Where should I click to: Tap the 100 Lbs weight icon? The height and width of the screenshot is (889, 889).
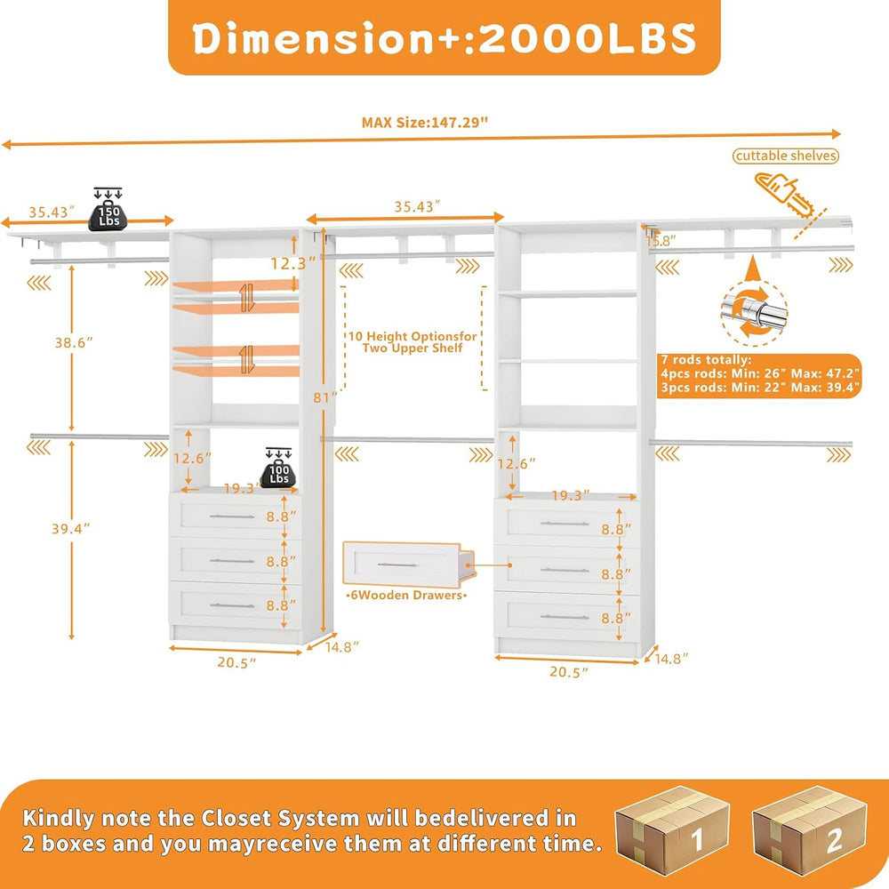(x=278, y=468)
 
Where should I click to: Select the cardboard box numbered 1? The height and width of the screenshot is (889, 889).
(x=672, y=829)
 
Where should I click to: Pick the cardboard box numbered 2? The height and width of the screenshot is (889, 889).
(x=810, y=829)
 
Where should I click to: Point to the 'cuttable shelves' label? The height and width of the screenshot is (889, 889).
(x=786, y=156)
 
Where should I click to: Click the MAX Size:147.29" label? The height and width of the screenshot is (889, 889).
(x=425, y=123)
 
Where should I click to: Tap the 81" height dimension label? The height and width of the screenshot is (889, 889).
(x=324, y=397)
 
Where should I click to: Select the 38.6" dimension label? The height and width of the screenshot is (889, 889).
(x=74, y=342)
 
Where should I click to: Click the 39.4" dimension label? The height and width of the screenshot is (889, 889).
(x=71, y=528)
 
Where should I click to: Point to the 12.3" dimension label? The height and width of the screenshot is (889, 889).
(x=292, y=263)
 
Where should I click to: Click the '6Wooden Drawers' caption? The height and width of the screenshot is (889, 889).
(x=406, y=596)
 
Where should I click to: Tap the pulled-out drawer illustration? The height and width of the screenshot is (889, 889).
(x=408, y=564)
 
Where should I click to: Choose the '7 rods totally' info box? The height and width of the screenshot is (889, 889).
(x=759, y=374)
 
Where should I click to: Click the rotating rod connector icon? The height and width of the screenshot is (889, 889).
(x=754, y=310)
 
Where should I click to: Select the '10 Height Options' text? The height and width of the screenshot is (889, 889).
(x=412, y=342)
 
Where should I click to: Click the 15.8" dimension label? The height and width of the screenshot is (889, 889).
(x=661, y=241)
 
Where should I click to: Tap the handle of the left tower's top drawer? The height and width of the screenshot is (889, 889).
(x=232, y=517)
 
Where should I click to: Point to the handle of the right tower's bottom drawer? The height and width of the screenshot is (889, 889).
(x=565, y=617)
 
